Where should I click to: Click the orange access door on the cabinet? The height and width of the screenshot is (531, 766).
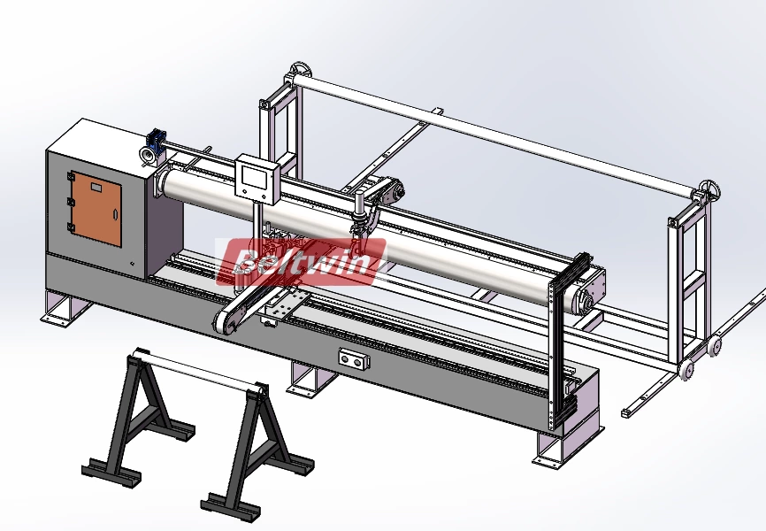click(x=96, y=209)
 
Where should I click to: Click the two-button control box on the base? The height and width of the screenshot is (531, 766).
click(x=352, y=358)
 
